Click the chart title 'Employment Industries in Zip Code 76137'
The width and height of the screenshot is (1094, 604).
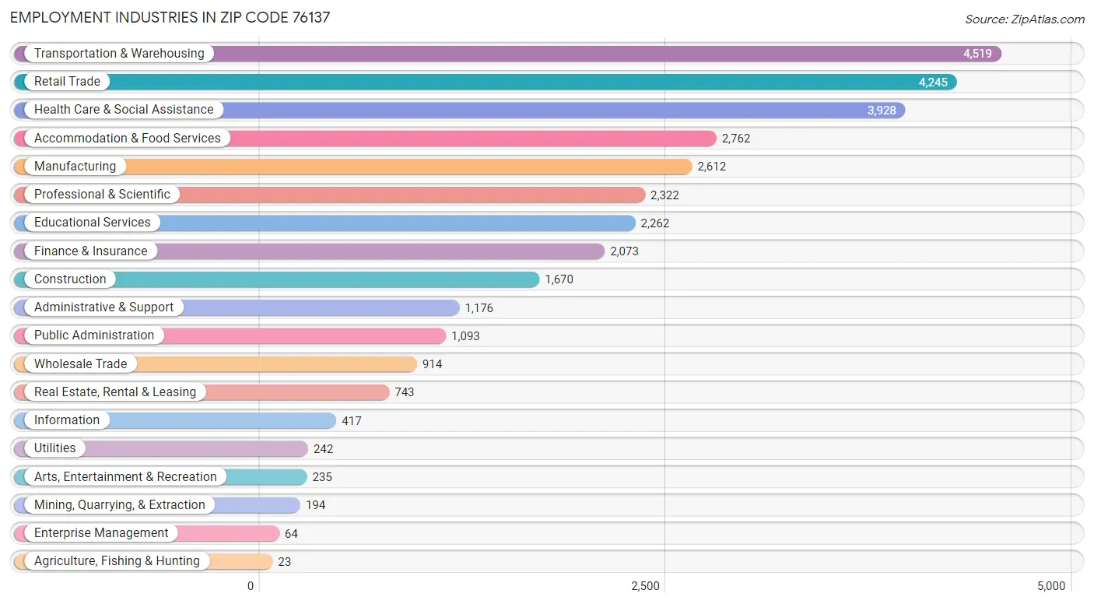click(x=170, y=17)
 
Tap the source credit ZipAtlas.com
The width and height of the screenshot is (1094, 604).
click(x=1025, y=19)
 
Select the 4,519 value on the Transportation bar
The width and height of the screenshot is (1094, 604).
click(x=977, y=54)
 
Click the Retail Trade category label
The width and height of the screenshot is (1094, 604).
click(x=67, y=82)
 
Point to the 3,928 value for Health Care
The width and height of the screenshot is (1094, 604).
click(x=882, y=111)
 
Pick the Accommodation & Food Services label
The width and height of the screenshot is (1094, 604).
click(x=127, y=139)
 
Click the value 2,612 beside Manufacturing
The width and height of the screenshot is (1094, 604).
click(x=711, y=167)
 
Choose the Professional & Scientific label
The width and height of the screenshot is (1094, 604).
click(x=102, y=195)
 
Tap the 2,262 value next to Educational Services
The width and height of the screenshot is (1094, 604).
click(x=654, y=223)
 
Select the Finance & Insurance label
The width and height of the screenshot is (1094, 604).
click(x=90, y=251)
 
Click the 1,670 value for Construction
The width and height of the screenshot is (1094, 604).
click(x=559, y=279)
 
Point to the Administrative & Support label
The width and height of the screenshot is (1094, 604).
click(x=103, y=307)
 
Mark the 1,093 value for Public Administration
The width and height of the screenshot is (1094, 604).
click(x=465, y=336)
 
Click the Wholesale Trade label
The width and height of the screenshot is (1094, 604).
click(x=80, y=364)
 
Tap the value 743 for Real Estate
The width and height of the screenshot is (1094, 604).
click(x=404, y=392)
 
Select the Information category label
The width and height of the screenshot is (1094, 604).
click(x=67, y=420)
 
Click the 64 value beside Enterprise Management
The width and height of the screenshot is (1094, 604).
click(x=290, y=534)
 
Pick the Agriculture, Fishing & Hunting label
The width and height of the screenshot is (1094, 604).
click(x=117, y=561)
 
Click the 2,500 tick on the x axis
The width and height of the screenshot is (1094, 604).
click(x=645, y=586)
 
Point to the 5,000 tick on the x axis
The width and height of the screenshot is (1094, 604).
click(x=1050, y=586)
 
